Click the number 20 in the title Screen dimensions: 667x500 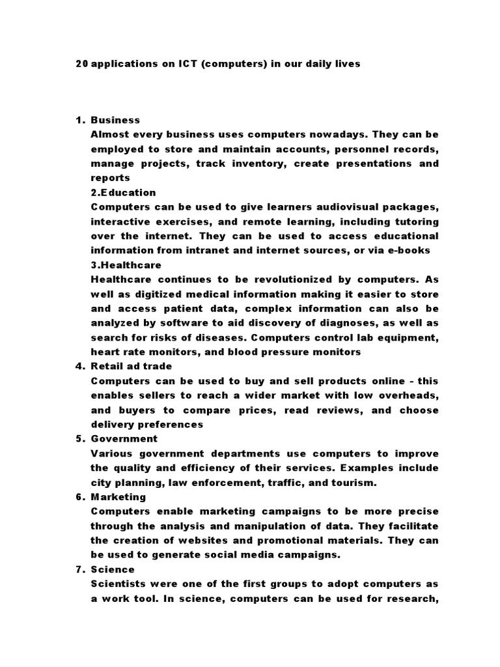pyautogui.click(x=81, y=64)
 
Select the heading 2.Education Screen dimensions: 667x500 pyautogui.click(x=123, y=192)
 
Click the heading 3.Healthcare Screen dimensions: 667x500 pyautogui.click(x=126, y=265)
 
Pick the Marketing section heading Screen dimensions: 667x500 pyautogui.click(x=118, y=497)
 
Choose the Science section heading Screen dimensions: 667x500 pyautogui.click(x=113, y=570)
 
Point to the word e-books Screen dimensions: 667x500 pyautogui.click(x=410, y=251)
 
